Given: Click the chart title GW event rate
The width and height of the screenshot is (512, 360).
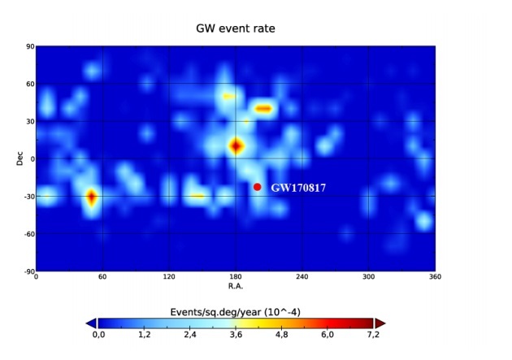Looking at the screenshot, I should pyautogui.click(x=236, y=28).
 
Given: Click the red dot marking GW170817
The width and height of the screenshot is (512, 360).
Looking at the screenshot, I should pyautogui.click(x=257, y=187).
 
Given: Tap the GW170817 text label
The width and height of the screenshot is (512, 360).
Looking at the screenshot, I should pyautogui.click(x=298, y=188).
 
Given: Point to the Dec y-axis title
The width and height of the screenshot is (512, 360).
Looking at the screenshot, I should pyautogui.click(x=20, y=158).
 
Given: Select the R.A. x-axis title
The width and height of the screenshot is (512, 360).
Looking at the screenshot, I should pyautogui.click(x=236, y=286).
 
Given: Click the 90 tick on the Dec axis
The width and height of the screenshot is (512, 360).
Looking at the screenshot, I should pyautogui.click(x=29, y=47).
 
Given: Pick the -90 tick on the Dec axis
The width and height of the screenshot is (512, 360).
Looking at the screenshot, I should pyautogui.click(x=28, y=271).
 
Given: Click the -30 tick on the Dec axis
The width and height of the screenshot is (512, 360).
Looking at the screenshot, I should pyautogui.click(x=28, y=197).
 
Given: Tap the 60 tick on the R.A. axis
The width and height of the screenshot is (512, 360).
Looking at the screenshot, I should pyautogui.click(x=102, y=278).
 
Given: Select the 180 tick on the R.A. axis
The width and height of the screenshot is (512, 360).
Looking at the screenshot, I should pyautogui.click(x=236, y=278).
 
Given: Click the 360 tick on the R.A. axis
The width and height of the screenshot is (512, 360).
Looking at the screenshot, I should pyautogui.click(x=435, y=278).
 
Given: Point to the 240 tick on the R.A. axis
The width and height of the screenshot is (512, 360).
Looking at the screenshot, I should pyautogui.click(x=302, y=278).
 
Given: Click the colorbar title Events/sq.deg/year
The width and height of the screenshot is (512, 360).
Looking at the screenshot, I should pyautogui.click(x=236, y=312).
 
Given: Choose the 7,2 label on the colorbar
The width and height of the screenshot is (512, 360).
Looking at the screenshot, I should pyautogui.click(x=373, y=334).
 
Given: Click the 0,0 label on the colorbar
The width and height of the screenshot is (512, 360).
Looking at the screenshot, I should pyautogui.click(x=98, y=334).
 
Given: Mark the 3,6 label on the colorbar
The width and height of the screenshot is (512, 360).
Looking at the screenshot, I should pyautogui.click(x=236, y=334).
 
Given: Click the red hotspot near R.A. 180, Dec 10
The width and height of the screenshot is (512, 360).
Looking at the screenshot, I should pyautogui.click(x=236, y=146).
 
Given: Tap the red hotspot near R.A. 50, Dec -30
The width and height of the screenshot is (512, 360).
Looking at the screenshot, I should pyautogui.click(x=91, y=197).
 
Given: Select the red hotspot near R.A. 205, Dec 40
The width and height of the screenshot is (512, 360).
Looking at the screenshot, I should pyautogui.click(x=263, y=108).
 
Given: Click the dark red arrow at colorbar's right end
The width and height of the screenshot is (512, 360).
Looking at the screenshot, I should pyautogui.click(x=380, y=323).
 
